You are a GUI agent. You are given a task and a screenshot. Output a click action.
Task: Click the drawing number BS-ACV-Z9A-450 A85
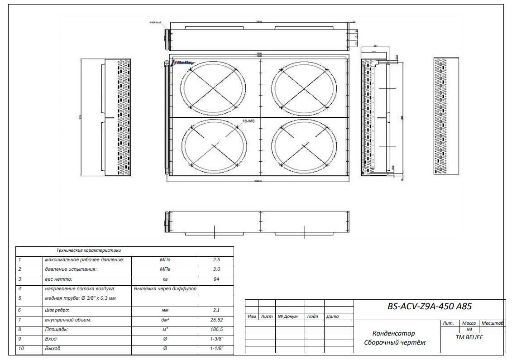click(x=430, y=307)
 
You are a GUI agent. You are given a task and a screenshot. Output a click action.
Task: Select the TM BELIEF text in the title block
click(x=470, y=337)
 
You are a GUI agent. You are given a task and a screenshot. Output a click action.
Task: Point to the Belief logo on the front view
click(x=183, y=63)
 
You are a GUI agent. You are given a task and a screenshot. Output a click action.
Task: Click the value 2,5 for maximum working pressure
click(x=216, y=260)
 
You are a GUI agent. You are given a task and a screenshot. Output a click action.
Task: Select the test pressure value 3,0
click(x=216, y=269)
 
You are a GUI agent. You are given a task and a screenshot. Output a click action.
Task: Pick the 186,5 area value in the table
click(x=216, y=330)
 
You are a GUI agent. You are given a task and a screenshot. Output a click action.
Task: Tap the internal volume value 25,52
click(x=216, y=320)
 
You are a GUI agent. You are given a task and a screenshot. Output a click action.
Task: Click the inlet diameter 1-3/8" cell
click(x=216, y=339)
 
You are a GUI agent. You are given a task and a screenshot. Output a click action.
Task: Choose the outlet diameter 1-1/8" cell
click(x=216, y=349)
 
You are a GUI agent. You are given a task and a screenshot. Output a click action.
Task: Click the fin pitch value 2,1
click(x=216, y=310)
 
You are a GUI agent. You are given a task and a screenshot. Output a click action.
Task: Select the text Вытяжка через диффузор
click(x=165, y=288)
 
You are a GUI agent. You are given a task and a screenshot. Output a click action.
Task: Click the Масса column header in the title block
click(x=469, y=323)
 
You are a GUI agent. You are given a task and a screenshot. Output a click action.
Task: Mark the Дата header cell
click(x=332, y=317)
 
